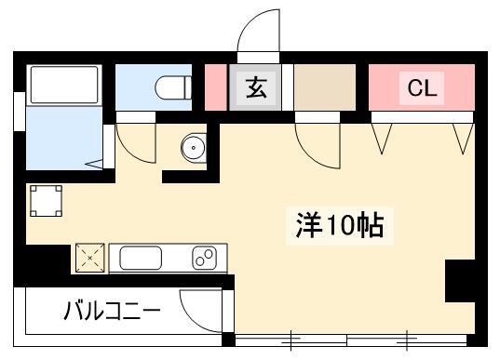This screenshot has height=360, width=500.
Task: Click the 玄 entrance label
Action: pyautogui.click(x=256, y=88)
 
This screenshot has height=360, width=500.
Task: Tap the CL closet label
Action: pyautogui.click(x=422, y=88)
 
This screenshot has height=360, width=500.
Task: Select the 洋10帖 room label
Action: pyautogui.click(x=340, y=226)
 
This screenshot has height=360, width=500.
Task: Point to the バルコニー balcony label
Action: pyautogui.click(x=112, y=310)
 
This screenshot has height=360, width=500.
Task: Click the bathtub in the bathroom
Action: pyautogui.click(x=64, y=85)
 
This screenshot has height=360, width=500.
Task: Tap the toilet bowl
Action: pyautogui.click(x=173, y=87)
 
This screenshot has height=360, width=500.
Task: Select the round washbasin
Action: pyautogui.click(x=194, y=148)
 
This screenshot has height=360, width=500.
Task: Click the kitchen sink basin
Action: pyautogui.click(x=141, y=258)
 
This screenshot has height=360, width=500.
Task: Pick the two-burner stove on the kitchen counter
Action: pyautogui.click(x=205, y=258)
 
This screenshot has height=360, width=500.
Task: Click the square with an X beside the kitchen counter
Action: pyautogui.click(x=90, y=258)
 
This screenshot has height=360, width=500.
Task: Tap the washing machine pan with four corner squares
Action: pyautogui.click(x=46, y=201)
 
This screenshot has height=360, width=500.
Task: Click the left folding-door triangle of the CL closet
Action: pyautogui.click(x=382, y=139)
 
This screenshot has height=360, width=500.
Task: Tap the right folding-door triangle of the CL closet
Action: pyautogui.click(x=464, y=139)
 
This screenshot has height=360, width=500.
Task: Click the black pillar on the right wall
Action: pyautogui.click(x=460, y=281)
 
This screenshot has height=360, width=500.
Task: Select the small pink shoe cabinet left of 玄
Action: pyautogui.click(x=216, y=87)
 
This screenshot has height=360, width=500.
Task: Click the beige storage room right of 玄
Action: pyautogui.click(x=325, y=87)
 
